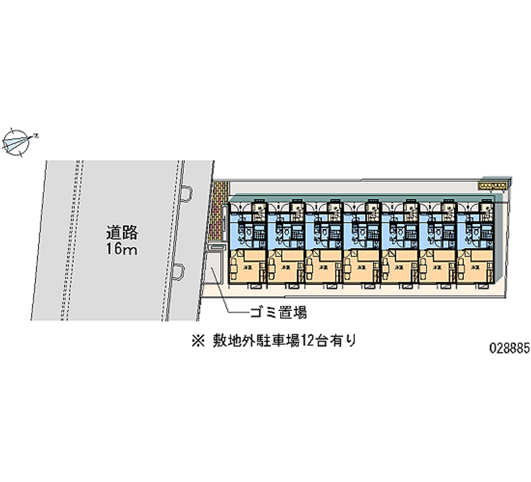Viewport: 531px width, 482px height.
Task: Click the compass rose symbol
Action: (18, 141)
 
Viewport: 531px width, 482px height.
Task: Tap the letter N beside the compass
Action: (37, 136)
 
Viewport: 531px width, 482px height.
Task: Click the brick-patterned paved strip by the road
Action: (215, 212)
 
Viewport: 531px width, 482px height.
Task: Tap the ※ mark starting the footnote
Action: (196, 342)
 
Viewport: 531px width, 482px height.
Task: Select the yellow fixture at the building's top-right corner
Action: (494, 186)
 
